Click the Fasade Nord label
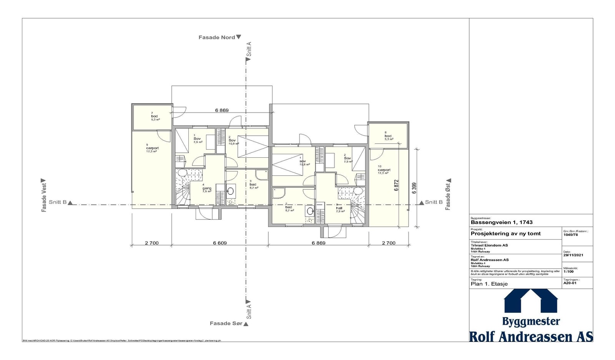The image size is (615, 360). [217, 37]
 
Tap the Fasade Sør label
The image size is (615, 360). [226, 323]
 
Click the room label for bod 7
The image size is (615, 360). [155, 116]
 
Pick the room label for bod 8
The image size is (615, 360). [388, 136]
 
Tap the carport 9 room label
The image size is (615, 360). [152, 148]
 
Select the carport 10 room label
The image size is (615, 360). [384, 170]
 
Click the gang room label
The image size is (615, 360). [207, 188]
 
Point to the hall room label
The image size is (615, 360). [339, 208]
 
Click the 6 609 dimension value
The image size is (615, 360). [219, 243]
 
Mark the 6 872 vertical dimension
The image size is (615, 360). [396, 185]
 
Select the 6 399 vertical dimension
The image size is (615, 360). [414, 189]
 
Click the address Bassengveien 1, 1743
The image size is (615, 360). [502, 222]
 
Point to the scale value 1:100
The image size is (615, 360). [568, 271]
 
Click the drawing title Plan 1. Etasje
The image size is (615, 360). [489, 284]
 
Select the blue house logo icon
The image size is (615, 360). [531, 301]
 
